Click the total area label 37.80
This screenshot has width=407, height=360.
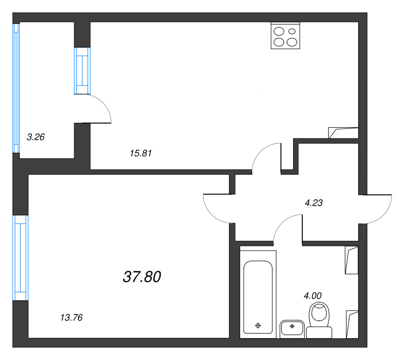pos(142,276)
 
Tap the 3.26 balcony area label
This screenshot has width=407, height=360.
pos(36,136)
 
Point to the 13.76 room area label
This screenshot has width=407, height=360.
pos(71,318)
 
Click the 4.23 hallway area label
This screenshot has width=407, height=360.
pos(314,202)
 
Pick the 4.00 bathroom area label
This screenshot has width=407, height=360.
pos(312,294)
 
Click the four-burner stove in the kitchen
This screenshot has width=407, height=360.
pos(285,36)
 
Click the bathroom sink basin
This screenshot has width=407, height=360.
pos(292,328)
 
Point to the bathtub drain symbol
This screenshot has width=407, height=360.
pos(258,325)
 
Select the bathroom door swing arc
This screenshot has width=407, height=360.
pos(288,227)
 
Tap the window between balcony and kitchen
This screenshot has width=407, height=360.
pos(82,71)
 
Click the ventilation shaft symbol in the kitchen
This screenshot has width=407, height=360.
pos(343,132)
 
